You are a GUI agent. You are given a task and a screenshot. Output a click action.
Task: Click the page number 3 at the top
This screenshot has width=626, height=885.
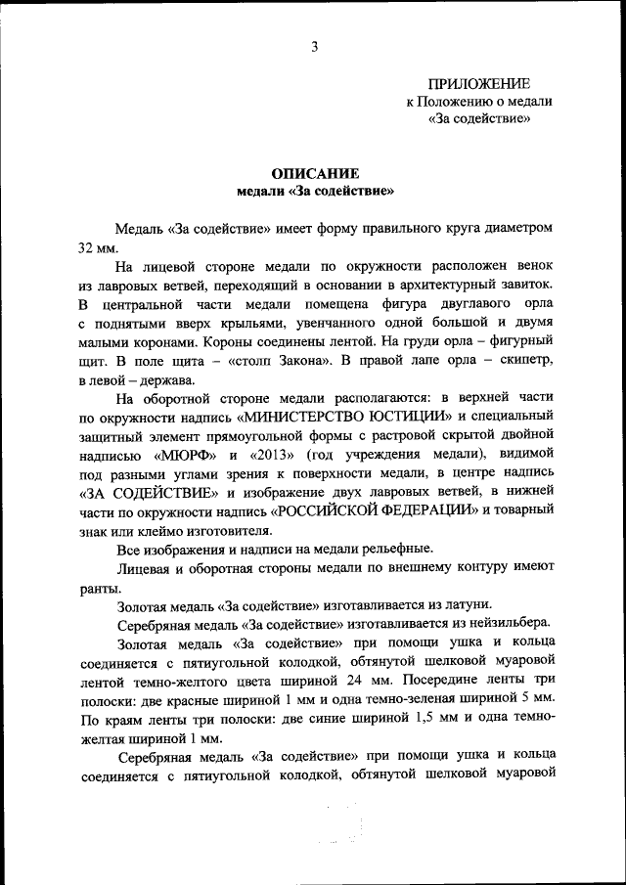(x=314, y=45)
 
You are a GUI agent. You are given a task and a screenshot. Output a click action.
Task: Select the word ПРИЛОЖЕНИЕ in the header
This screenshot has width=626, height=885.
(x=479, y=84)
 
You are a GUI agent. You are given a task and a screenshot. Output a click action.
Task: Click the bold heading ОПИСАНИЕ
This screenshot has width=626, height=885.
(x=313, y=170)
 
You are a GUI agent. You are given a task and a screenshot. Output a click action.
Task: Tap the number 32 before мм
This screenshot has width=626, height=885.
(x=88, y=247)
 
